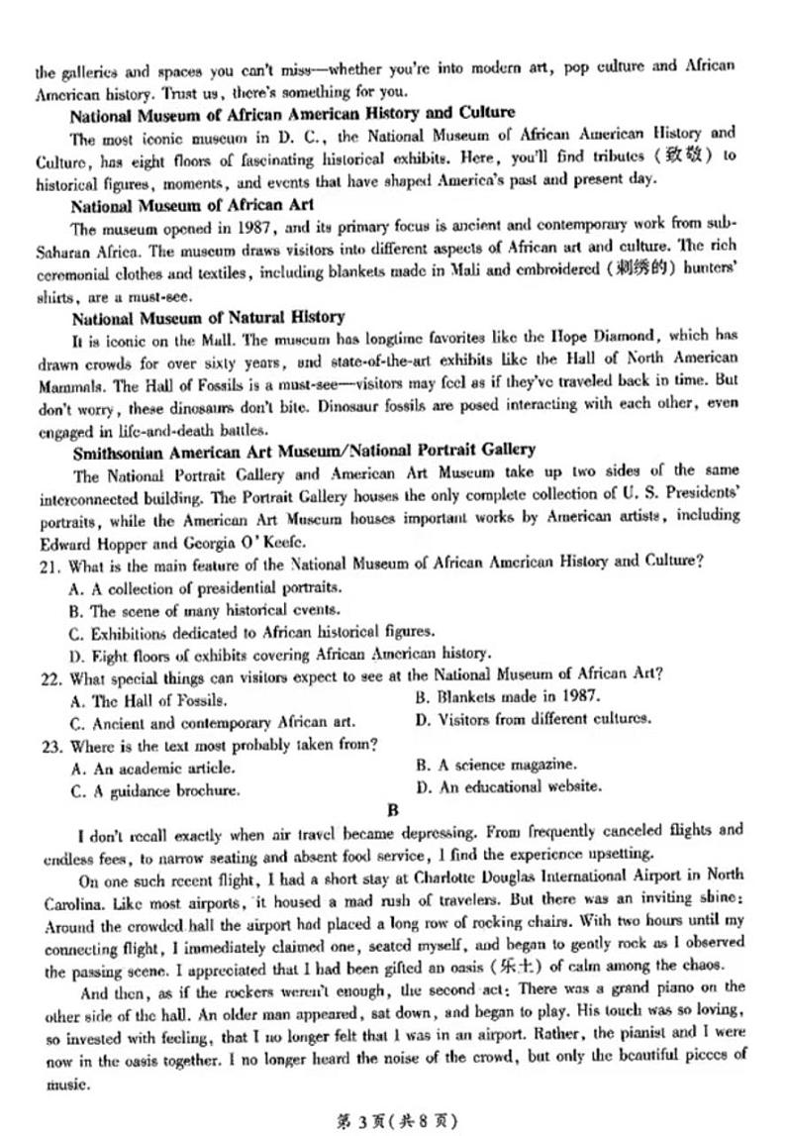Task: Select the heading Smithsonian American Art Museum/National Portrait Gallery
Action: point(304,450)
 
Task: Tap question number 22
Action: point(49,675)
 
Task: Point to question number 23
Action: point(49,744)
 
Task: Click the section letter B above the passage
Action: point(392,810)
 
